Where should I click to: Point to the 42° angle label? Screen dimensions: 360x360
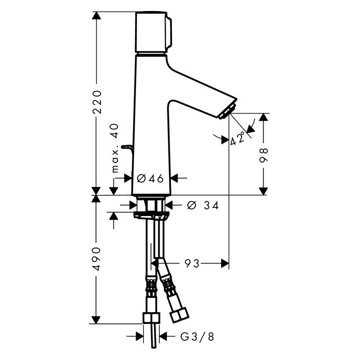238,137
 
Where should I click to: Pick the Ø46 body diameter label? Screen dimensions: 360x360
150,178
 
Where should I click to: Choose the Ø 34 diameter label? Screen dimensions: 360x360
202,204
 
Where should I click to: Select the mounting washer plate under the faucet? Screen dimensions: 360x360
151,215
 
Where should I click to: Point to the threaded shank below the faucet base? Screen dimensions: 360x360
150,205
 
